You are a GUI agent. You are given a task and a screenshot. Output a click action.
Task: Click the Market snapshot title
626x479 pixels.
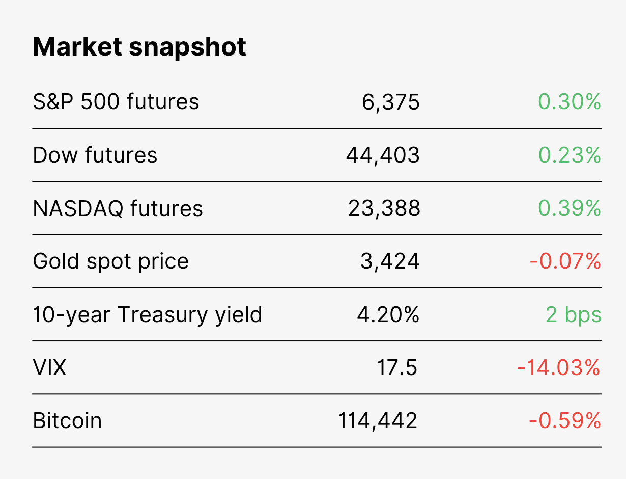click(139, 47)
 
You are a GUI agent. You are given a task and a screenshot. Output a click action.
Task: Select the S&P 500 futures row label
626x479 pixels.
click(116, 101)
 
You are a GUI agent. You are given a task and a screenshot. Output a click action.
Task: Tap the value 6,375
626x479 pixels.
click(390, 102)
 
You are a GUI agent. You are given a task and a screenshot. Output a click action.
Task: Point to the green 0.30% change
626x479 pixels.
click(569, 101)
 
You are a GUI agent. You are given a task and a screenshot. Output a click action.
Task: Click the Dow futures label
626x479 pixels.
click(95, 155)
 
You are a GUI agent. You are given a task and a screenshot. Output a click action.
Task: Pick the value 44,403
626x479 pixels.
click(383, 156)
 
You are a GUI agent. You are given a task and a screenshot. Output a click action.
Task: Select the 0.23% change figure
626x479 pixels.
click(569, 155)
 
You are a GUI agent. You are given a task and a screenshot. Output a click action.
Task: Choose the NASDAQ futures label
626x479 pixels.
click(118, 208)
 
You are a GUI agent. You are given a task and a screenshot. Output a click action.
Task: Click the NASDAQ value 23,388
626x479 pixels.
click(384, 208)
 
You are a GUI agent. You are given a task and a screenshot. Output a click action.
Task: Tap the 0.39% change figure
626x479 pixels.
click(569, 208)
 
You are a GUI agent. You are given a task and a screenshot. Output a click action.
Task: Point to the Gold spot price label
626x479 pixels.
click(110, 262)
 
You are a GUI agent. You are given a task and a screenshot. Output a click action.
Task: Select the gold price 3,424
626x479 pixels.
click(390, 262)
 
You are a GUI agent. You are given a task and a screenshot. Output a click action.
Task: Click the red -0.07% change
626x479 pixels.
click(565, 261)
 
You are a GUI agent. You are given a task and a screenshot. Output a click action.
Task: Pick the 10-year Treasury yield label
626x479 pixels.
click(147, 315)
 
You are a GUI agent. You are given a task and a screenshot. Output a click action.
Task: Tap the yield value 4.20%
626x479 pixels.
click(388, 314)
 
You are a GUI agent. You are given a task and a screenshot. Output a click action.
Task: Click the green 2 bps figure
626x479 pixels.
click(573, 315)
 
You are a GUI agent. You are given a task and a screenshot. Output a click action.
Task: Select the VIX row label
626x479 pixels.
click(49, 368)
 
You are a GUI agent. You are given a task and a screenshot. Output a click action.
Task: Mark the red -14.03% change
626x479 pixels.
click(559, 368)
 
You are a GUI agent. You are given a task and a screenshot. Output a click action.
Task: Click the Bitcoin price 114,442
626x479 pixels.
click(378, 421)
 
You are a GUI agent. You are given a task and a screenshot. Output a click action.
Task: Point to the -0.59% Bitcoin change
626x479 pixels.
click(565, 421)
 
